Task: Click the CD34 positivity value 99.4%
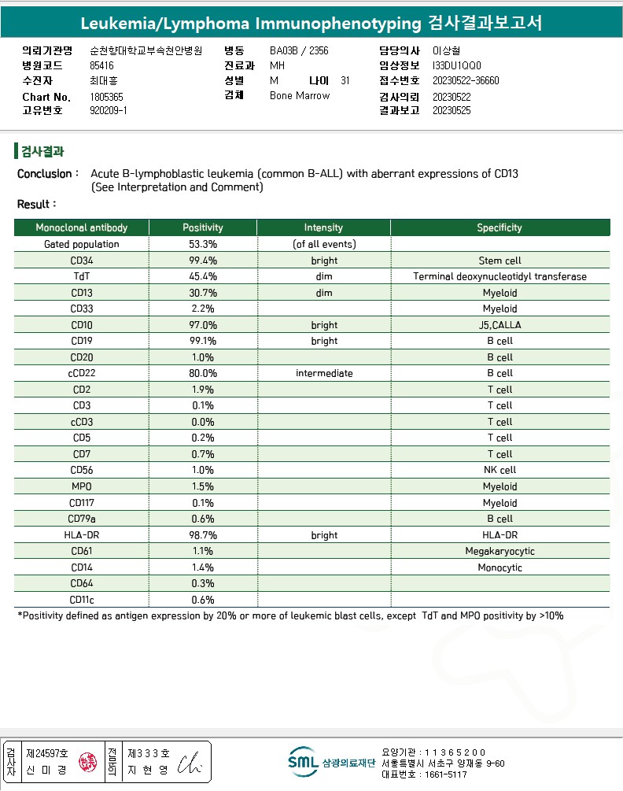203,261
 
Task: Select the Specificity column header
499,227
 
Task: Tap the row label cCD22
82,373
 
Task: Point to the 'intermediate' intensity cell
324,373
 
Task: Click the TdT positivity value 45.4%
203,276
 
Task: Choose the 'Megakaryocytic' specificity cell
500,551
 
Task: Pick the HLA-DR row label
82,535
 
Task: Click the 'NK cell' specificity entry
500,471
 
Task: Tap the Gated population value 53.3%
203,244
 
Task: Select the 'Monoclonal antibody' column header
82,227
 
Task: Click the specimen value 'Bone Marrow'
300,96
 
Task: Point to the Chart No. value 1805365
107,97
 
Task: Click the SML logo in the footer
303,761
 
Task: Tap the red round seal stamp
86,762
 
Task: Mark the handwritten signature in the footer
190,762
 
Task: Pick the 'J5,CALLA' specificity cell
500,325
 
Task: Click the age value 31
345,80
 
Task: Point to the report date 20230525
452,111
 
